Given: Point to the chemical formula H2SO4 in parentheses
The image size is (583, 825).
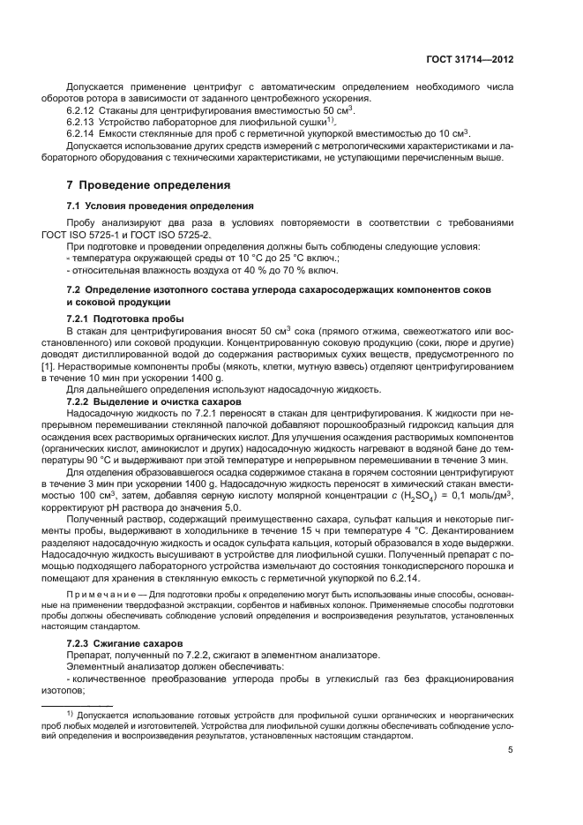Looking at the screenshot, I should point(387,497).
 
